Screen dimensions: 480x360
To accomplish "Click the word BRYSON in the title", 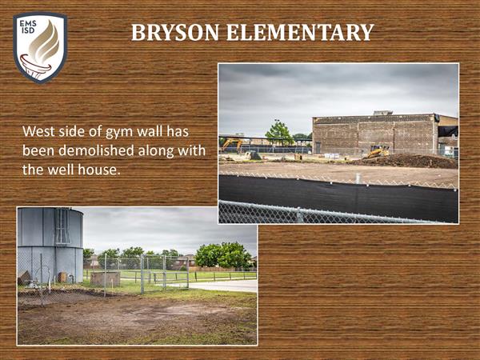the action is [175, 32].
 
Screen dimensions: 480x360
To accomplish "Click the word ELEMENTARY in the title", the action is [300, 32].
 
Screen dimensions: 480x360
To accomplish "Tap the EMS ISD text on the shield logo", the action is [28, 26].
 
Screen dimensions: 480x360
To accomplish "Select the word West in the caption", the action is [38, 131].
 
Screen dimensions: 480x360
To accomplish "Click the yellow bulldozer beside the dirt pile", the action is [378, 151].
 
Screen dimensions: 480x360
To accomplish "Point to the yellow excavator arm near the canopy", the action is [231, 143].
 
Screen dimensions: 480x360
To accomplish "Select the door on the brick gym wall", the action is [318, 148].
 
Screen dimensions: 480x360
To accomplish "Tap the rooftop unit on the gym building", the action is [382, 113].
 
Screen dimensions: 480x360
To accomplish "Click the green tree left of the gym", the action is [278, 133].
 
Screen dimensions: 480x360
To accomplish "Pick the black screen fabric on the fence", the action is [338, 198].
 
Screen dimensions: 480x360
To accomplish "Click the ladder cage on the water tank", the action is [62, 226].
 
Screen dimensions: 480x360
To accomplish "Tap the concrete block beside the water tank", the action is [105, 278].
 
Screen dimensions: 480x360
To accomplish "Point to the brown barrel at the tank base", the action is [62, 277].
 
